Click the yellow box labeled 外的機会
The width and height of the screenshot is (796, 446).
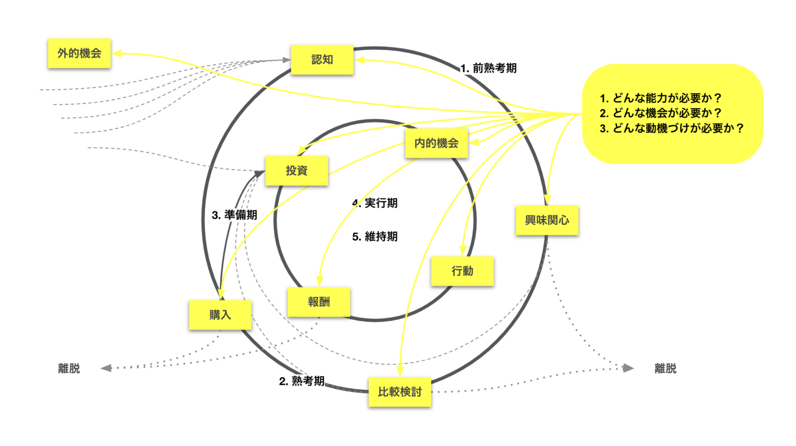pos(79,53)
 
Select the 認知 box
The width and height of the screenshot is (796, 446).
pos(322,60)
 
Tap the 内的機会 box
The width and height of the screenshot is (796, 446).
pos(436,143)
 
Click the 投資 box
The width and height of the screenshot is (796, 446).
pos(297,171)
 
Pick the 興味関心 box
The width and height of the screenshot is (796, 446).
pos(547,221)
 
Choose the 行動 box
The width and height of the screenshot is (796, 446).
pos(462,271)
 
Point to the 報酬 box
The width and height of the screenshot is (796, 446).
pos(319,302)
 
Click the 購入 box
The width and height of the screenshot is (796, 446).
pos(220,315)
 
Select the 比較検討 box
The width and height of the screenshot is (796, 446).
pos(400,392)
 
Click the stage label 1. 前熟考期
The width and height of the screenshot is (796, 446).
pos(489,68)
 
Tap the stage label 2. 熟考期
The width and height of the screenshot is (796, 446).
pos(302,381)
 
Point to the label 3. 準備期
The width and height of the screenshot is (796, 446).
pos(235,215)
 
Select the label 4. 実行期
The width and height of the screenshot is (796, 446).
pos(375,203)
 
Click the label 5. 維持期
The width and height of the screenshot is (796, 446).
pos(375,237)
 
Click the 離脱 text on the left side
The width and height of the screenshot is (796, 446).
pos(69,369)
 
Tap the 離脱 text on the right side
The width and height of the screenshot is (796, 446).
pos(665,369)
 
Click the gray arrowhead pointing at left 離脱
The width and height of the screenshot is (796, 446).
pos(106,368)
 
